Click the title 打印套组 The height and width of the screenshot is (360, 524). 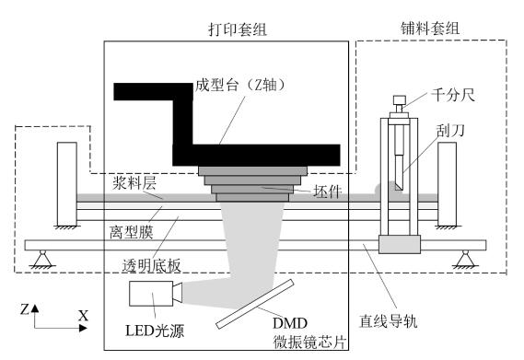[238, 29]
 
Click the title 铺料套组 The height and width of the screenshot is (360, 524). [430, 28]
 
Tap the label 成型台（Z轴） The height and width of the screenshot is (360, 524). [241, 85]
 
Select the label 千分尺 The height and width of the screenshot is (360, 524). [453, 95]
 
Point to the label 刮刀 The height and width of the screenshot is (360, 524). [450, 131]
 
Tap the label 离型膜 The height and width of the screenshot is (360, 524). [132, 232]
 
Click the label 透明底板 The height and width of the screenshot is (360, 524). [151, 266]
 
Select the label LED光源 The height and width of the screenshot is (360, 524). [155, 331]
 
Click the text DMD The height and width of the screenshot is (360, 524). [290, 323]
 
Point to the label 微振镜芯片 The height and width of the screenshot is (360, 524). [309, 343]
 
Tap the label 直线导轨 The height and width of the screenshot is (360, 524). [389, 321]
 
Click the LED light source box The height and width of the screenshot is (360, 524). [151, 294]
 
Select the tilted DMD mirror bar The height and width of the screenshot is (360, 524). [255, 304]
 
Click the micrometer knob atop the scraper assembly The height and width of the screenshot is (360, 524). [400, 100]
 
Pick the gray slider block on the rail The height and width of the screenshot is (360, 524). [400, 244]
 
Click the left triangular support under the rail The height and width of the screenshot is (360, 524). [42, 259]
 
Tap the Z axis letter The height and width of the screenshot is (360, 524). [24, 309]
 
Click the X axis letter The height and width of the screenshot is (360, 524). [83, 315]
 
